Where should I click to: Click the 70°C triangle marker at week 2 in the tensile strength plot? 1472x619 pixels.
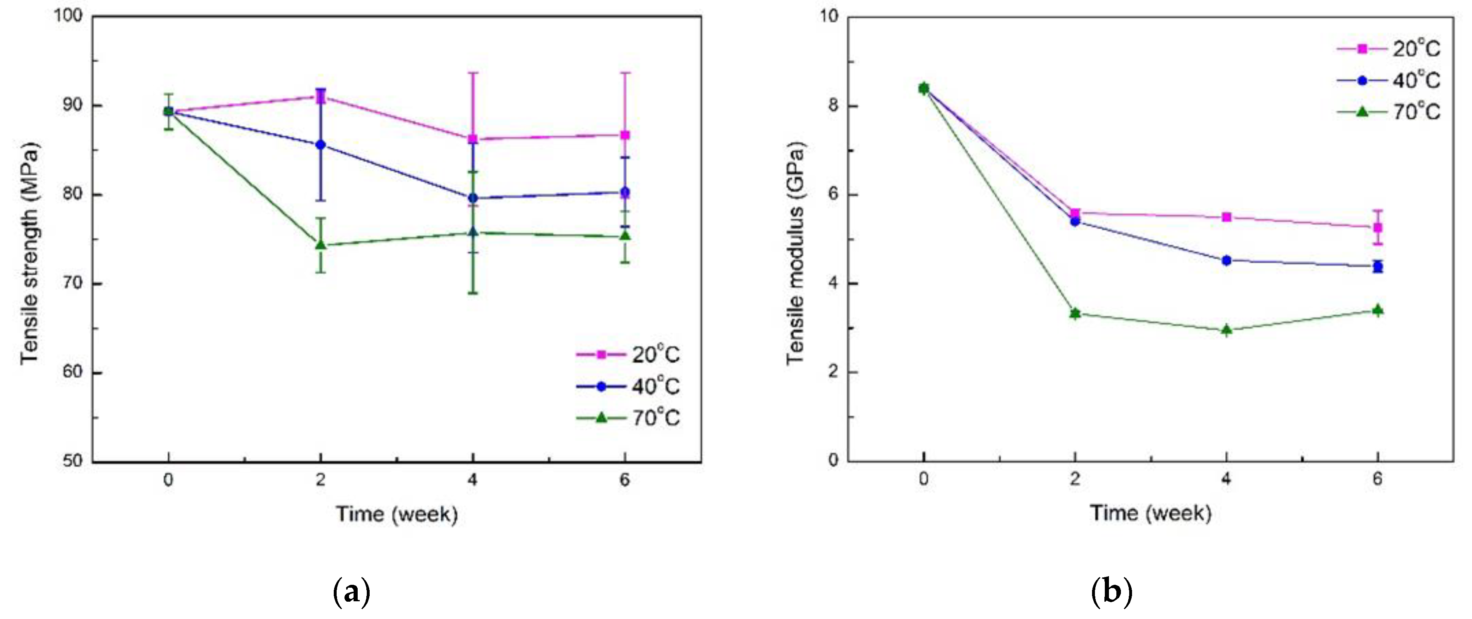321,245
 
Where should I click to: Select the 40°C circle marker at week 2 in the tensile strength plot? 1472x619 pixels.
321,145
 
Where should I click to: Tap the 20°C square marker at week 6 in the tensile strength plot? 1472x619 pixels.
625,135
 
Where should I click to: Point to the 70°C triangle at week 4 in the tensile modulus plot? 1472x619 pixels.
1226,329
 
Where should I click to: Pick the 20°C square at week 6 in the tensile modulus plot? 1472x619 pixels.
1378,227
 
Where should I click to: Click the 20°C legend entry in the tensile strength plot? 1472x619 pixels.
629,354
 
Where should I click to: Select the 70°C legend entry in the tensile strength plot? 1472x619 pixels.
629,418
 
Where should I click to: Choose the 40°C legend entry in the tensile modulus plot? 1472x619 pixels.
1389,80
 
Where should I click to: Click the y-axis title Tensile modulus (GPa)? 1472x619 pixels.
795,253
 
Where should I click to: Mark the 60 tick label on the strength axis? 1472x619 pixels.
73,372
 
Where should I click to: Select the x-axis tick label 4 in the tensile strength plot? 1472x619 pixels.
472,480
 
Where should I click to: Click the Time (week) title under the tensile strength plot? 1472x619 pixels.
396,514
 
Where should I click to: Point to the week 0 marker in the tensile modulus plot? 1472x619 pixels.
924,88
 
